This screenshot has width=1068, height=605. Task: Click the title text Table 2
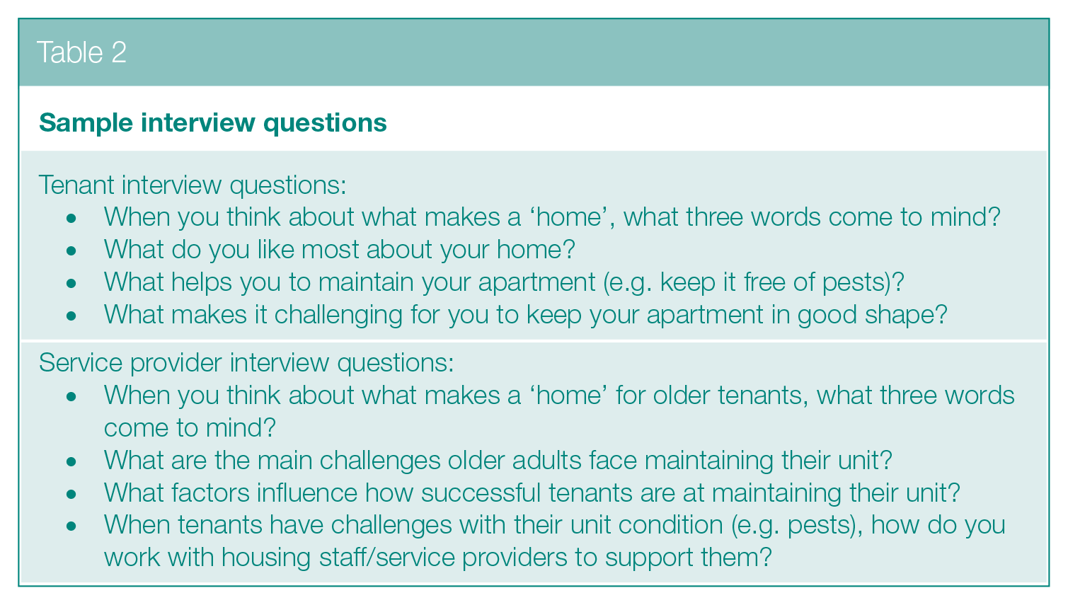tap(81, 52)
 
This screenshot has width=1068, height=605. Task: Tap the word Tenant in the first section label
tap(76, 185)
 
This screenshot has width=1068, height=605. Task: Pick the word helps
tap(202, 282)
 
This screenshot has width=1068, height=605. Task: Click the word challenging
tap(338, 315)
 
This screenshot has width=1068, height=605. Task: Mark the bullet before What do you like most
tap(71, 250)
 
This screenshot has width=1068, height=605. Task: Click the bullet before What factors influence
tap(71, 495)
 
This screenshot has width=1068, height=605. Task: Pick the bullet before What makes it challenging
tap(71, 316)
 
